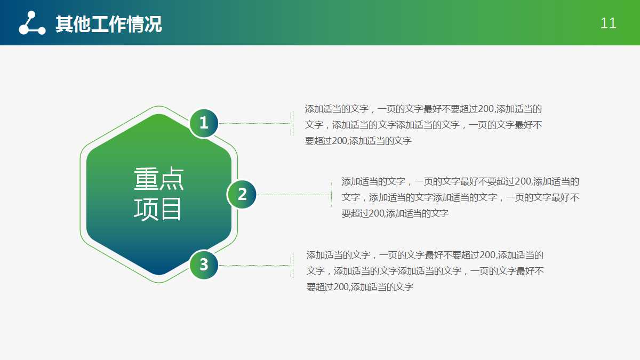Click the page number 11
point(608,23)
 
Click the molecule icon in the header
point(32,23)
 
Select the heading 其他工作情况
point(108,24)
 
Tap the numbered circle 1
point(204,123)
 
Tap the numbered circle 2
point(242,195)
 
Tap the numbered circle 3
point(204,265)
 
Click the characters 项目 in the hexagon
point(158,209)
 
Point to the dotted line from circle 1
point(256,123)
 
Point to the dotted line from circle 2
point(294,195)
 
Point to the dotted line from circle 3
point(256,265)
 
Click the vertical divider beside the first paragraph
point(293,124)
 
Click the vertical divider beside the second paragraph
point(331,195)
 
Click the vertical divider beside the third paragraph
point(293,265)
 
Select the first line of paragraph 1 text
point(423,109)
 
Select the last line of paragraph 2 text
point(395,213)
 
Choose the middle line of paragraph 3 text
point(425,271)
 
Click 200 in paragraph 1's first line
point(486,109)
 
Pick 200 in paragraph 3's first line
point(487,255)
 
